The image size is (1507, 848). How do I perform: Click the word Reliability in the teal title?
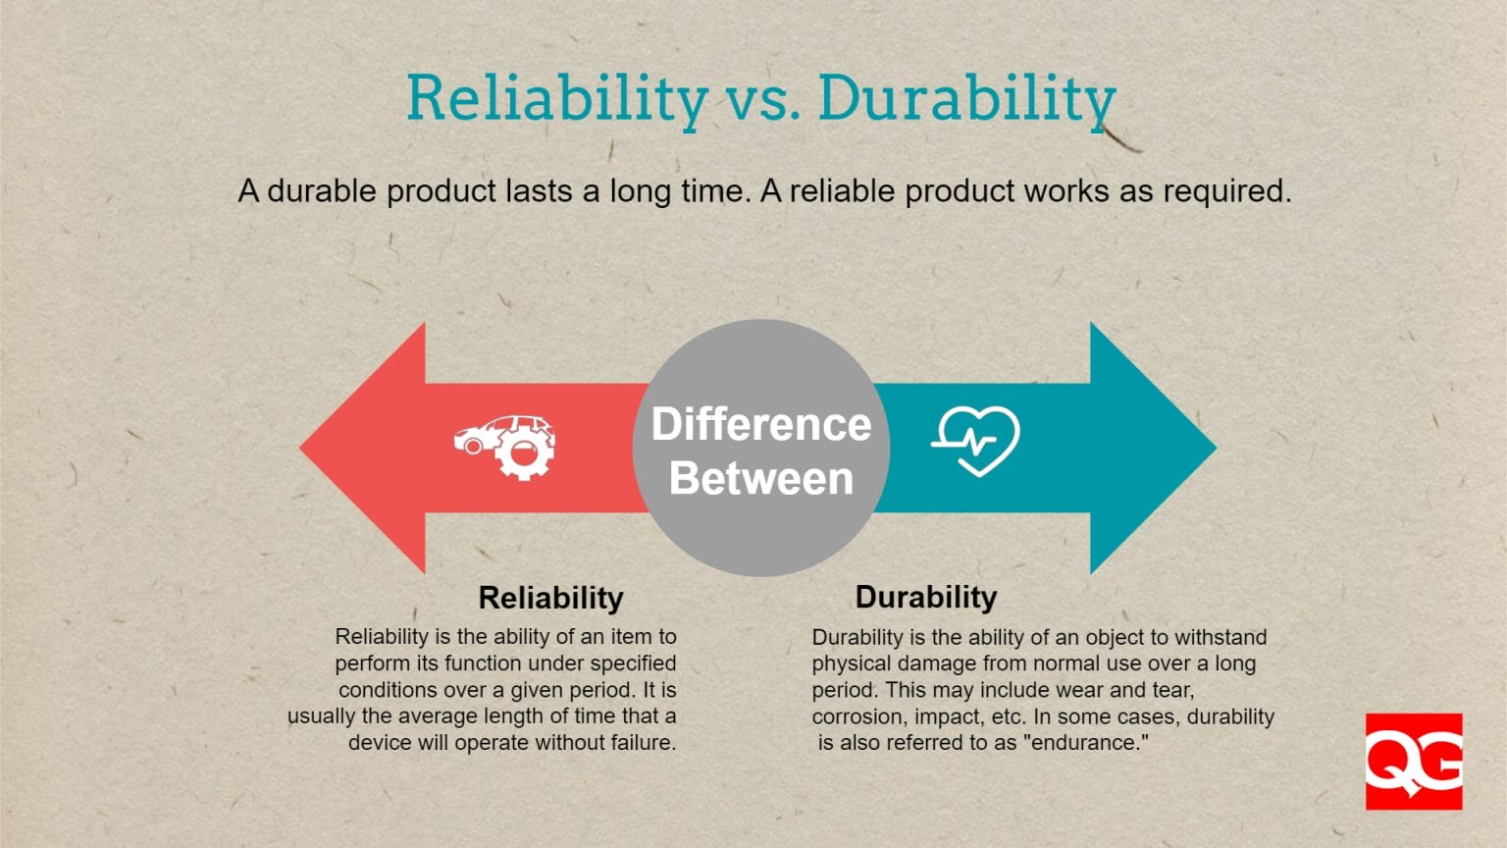tap(556, 98)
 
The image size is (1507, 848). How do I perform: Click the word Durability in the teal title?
tap(966, 98)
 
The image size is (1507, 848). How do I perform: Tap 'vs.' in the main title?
tap(762, 100)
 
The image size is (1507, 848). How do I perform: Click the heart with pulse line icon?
tap(976, 441)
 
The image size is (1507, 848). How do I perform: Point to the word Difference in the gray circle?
tap(761, 425)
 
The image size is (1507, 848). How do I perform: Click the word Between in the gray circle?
tap(761, 479)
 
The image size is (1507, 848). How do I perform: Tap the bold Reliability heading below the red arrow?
tap(550, 598)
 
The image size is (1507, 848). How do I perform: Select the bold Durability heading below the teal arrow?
tap(925, 597)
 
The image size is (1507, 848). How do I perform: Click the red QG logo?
tap(1413, 762)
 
